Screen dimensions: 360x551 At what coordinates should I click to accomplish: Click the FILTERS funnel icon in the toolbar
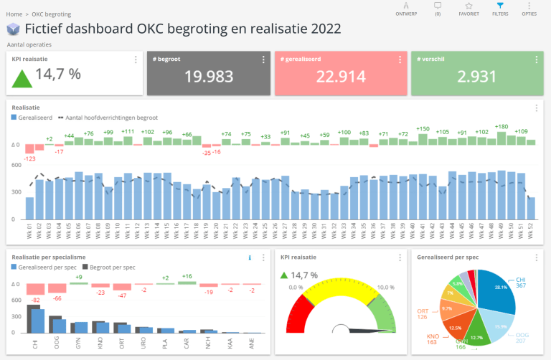[x=500, y=5]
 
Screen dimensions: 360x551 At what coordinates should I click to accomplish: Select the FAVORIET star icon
[x=468, y=5]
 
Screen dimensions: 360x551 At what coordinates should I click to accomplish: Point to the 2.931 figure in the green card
[x=476, y=77]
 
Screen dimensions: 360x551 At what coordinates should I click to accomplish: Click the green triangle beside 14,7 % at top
[x=21, y=77]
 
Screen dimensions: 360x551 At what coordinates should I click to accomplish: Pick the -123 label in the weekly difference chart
[x=29, y=158]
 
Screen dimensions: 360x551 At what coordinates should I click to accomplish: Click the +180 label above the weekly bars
[x=501, y=127]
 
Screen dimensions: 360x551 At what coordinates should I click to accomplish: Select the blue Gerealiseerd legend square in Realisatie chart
[x=14, y=117]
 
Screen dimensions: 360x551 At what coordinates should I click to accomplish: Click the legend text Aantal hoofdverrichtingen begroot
[x=112, y=117]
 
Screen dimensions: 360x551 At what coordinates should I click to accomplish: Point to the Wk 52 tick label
[x=530, y=232]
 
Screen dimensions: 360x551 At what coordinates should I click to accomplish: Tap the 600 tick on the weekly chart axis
[x=16, y=166]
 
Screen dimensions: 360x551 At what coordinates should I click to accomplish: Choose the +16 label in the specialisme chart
[x=187, y=276]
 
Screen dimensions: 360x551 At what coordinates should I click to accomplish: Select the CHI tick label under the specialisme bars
[x=33, y=344]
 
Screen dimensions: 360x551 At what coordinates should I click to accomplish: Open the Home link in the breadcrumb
[x=14, y=14]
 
